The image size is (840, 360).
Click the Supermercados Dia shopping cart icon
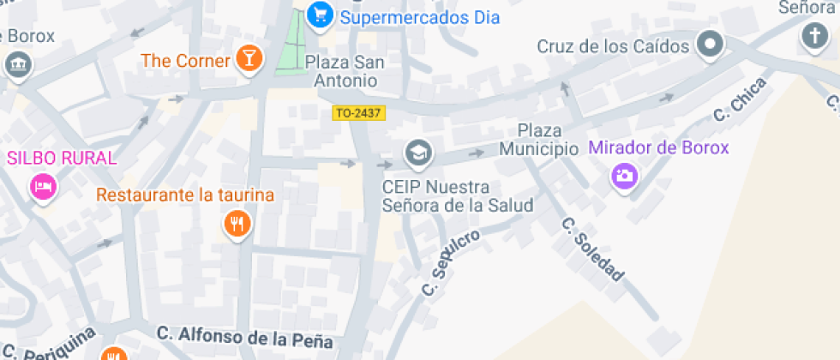coord(321,15)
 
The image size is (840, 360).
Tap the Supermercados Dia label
coord(420,17)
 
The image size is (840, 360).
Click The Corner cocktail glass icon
coord(249,59)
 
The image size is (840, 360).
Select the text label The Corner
coord(186,61)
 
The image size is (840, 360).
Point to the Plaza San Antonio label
coord(341,71)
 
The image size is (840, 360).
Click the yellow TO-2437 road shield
coord(358,112)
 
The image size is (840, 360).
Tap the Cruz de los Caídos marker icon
coord(710,44)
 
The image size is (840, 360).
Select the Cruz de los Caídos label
coord(613,46)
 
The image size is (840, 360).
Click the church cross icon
coord(813,37)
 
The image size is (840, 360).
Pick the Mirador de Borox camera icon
coord(625,177)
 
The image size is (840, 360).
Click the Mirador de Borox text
coord(658,147)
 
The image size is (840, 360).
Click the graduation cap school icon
coord(418,153)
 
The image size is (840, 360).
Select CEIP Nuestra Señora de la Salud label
coord(458,196)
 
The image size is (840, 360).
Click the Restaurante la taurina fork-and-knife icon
coord(236,225)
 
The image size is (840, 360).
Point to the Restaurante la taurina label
coord(185,195)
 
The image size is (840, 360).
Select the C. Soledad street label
coord(591,249)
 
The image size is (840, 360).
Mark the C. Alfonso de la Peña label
coord(243,336)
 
